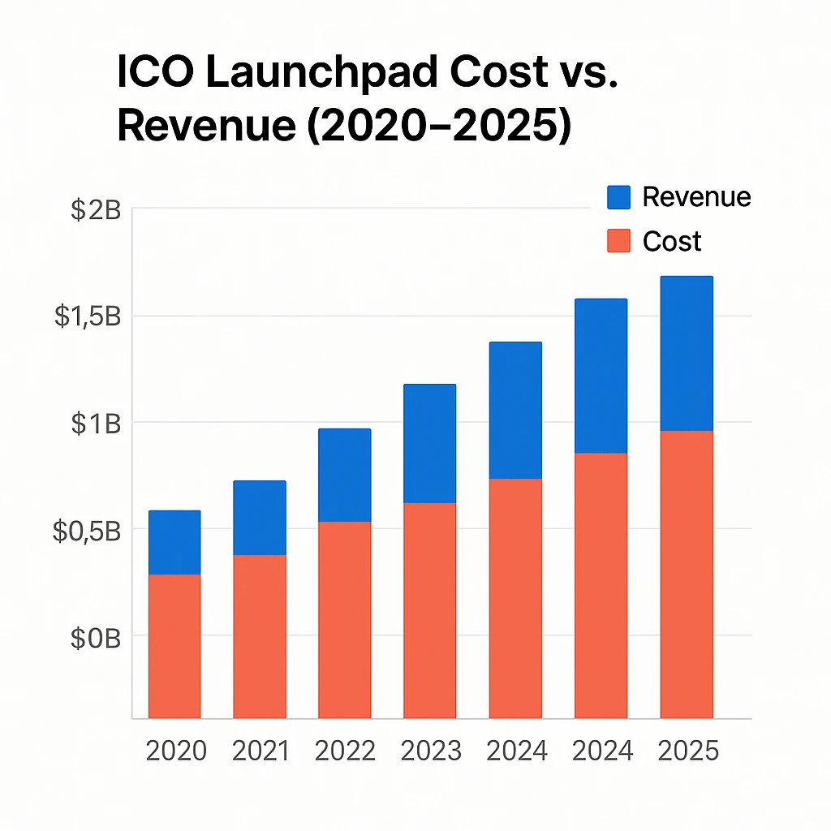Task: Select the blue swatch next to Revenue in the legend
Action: coord(618,197)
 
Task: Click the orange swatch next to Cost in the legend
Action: coord(618,241)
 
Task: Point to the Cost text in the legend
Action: coord(671,241)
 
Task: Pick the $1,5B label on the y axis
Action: coord(88,316)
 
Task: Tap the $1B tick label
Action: coord(95,424)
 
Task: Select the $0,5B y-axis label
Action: coord(87,531)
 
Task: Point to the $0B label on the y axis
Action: coord(95,638)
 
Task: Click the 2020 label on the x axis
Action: coord(176,751)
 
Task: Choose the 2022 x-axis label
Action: coord(345,751)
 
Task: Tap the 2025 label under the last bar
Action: coord(688,751)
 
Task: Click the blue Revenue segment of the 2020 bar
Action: coord(174,542)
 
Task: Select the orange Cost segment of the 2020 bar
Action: coord(174,646)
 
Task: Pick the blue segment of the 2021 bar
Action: coord(260,518)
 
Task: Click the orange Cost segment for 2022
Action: coord(345,619)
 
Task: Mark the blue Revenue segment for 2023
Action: coord(430,444)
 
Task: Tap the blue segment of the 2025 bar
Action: coord(687,353)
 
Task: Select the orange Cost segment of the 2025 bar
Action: coord(687,574)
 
